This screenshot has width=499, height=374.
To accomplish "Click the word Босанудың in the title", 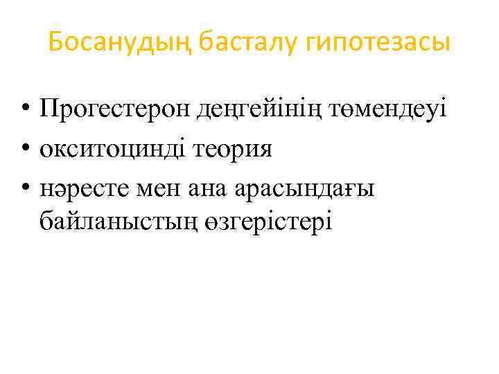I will pyautogui.click(x=121, y=44).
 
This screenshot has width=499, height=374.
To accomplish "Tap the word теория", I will pyautogui.click(x=232, y=149).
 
